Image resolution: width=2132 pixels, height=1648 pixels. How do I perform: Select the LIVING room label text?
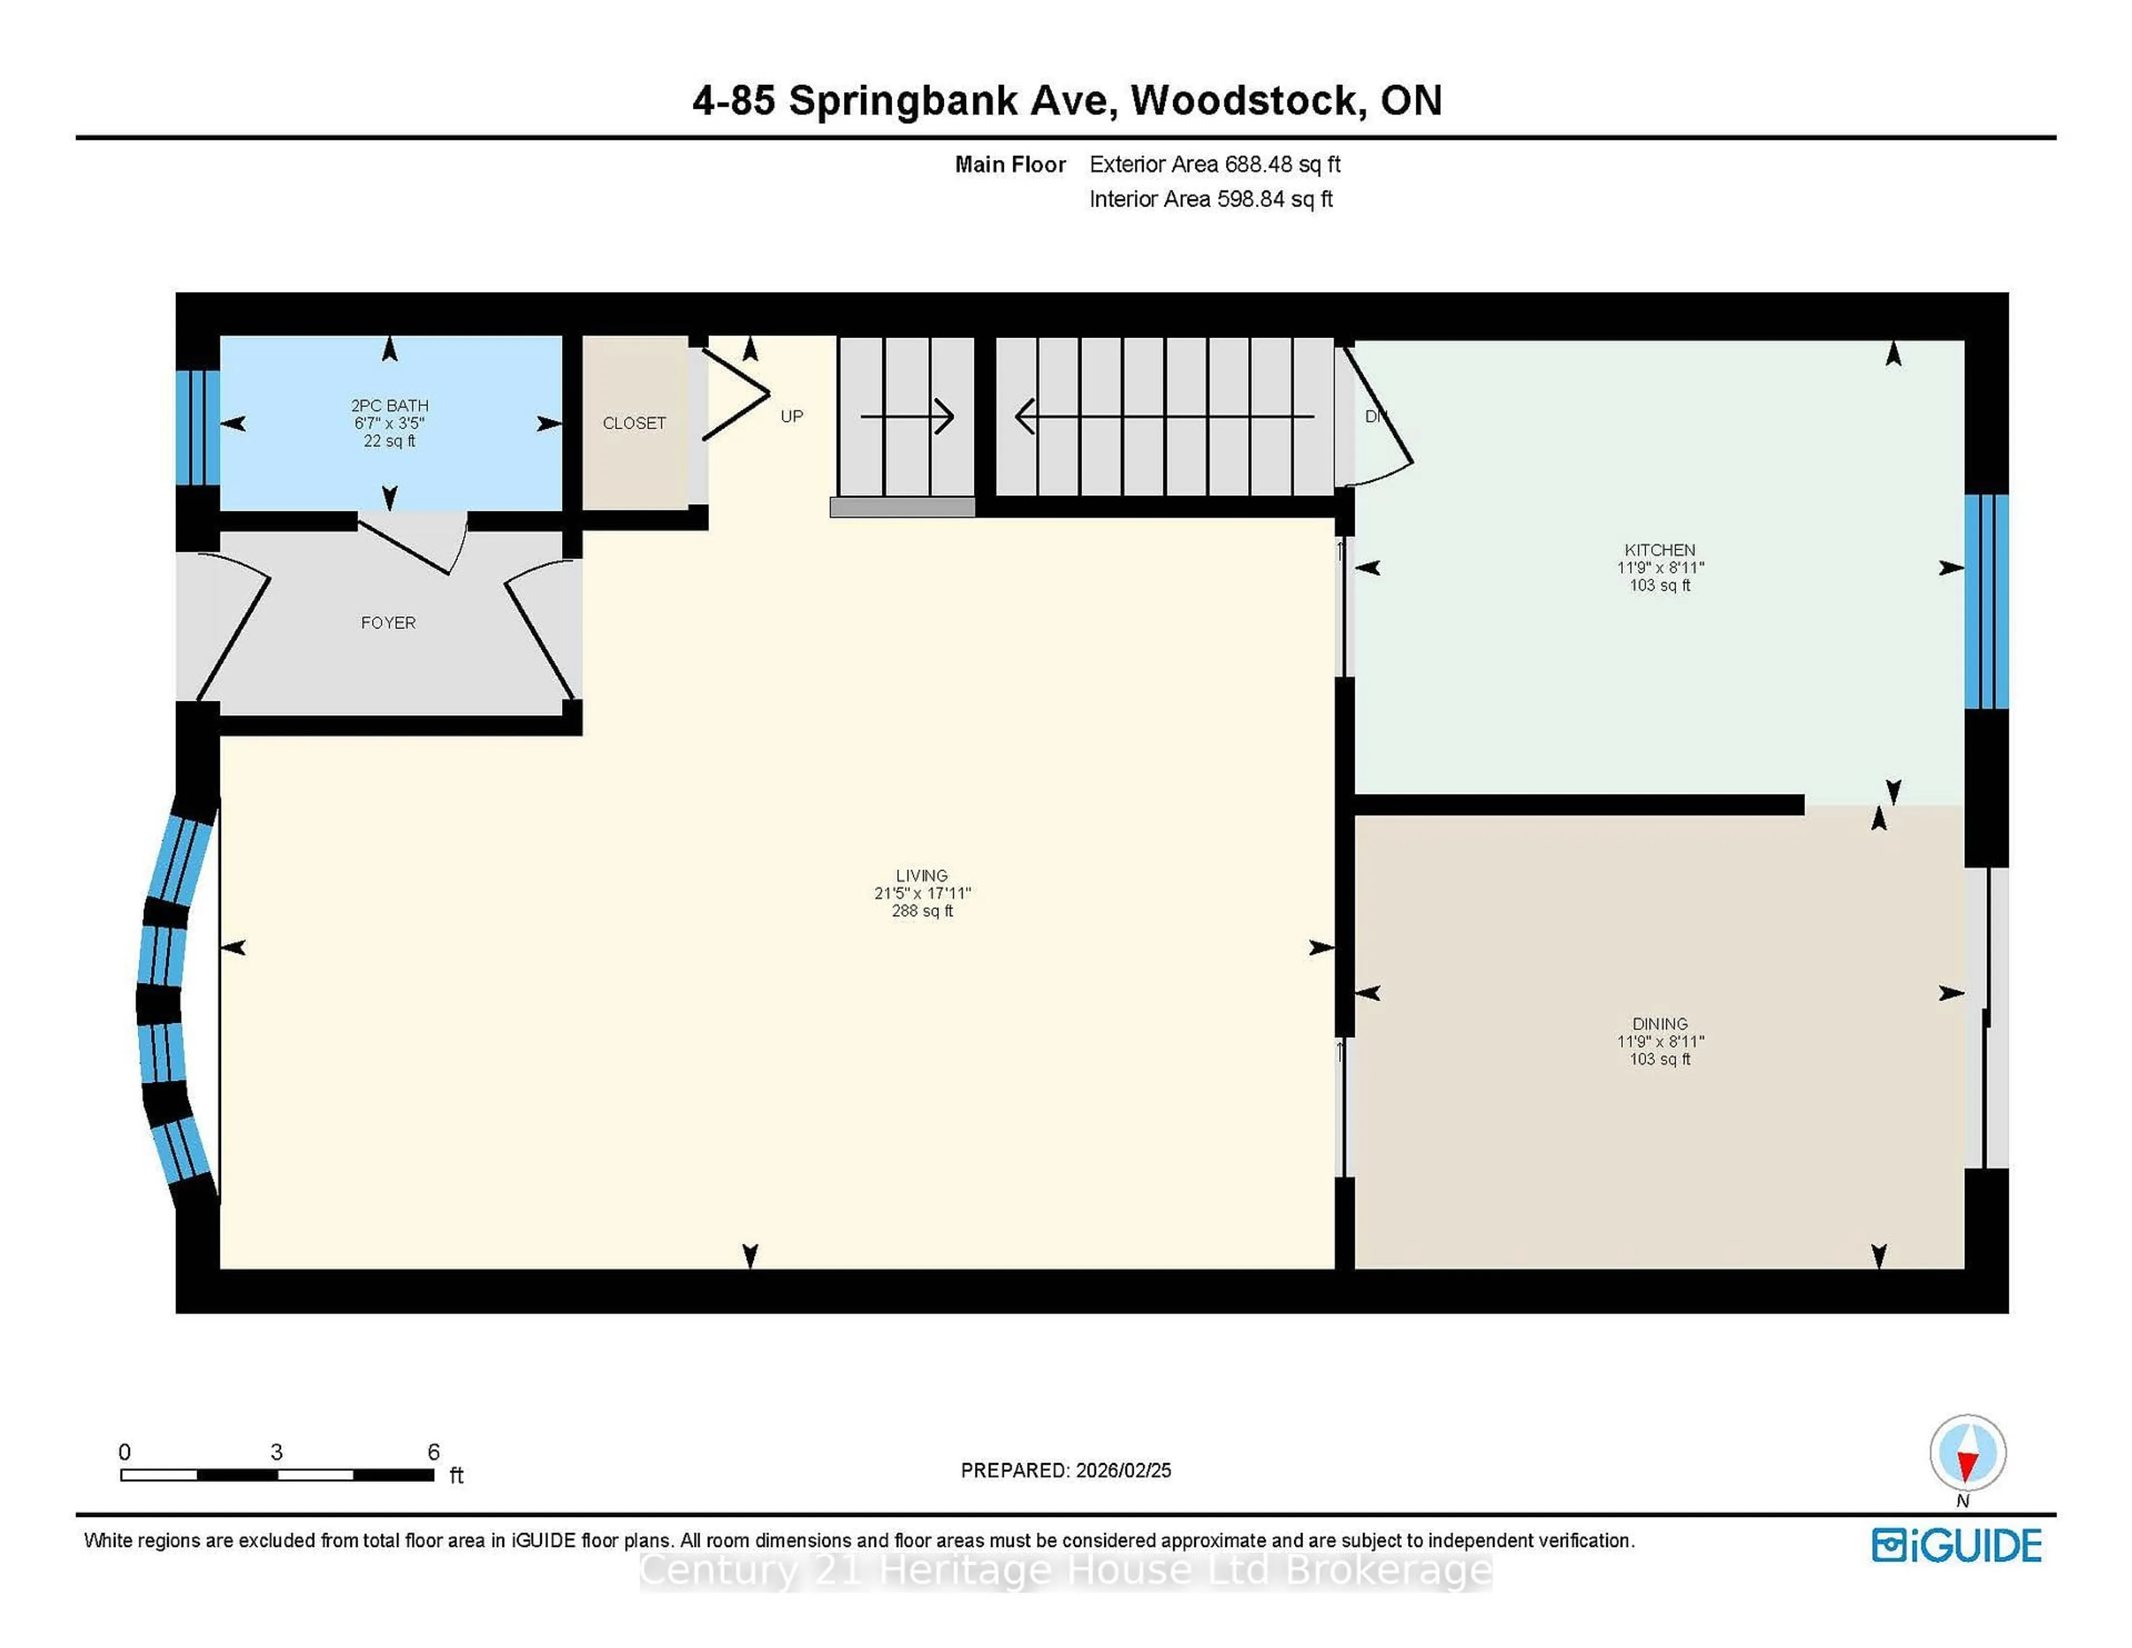(x=922, y=876)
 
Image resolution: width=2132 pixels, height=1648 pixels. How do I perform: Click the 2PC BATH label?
(x=390, y=405)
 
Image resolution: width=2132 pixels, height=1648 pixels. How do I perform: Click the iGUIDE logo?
(x=1957, y=1545)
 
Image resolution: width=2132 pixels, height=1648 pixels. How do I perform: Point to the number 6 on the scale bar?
(x=434, y=1452)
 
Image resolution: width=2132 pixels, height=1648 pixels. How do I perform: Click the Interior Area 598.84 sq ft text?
(x=1210, y=199)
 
